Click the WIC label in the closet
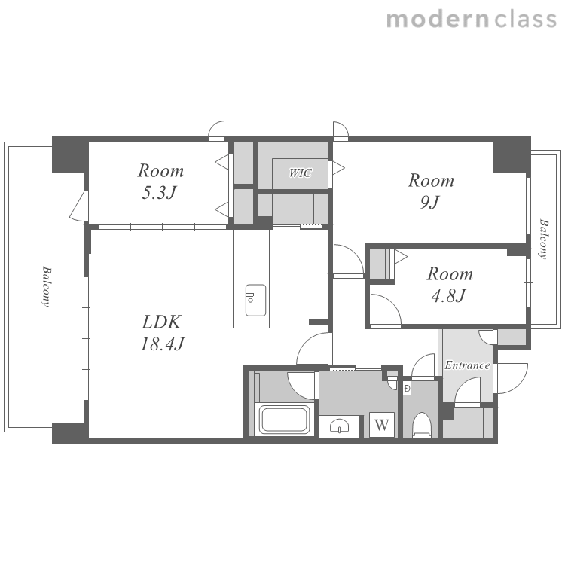tap(300, 173)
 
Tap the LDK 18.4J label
tap(161, 332)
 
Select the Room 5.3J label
tap(160, 182)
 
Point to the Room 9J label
tap(431, 191)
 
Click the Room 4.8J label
tap(450, 285)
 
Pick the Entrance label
tap(467, 365)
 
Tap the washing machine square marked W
tap(382, 425)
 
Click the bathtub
tap(285, 420)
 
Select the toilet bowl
tap(422, 425)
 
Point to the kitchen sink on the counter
tap(256, 300)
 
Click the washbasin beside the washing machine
tap(339, 426)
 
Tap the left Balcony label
tap(45, 286)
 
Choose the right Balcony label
tap(543, 239)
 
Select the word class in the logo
tap(526, 19)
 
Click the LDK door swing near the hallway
tap(313, 349)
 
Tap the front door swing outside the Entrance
tap(512, 378)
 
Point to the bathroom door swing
tap(301, 386)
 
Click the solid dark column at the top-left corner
tap(70, 155)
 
